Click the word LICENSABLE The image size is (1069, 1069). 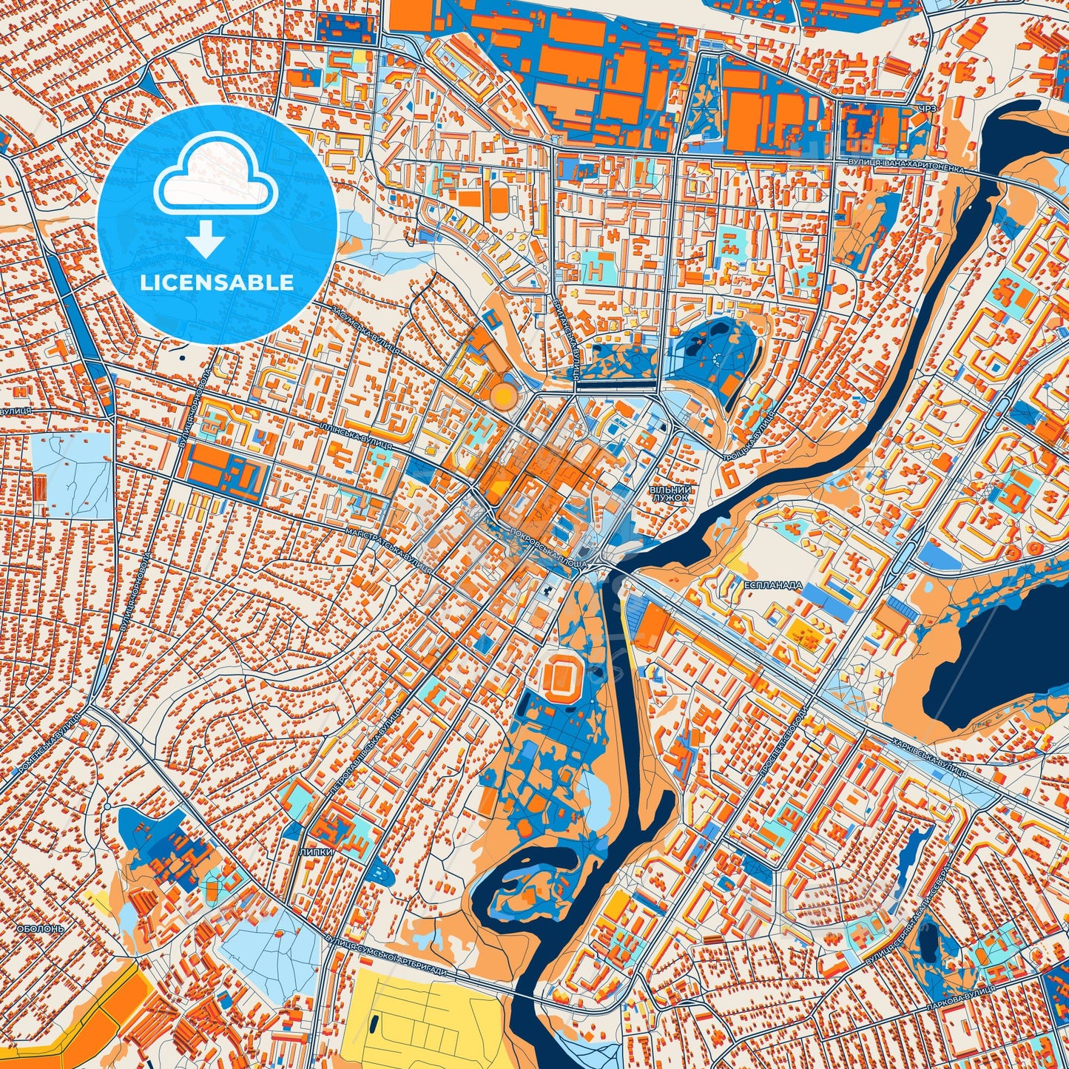click(x=217, y=282)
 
